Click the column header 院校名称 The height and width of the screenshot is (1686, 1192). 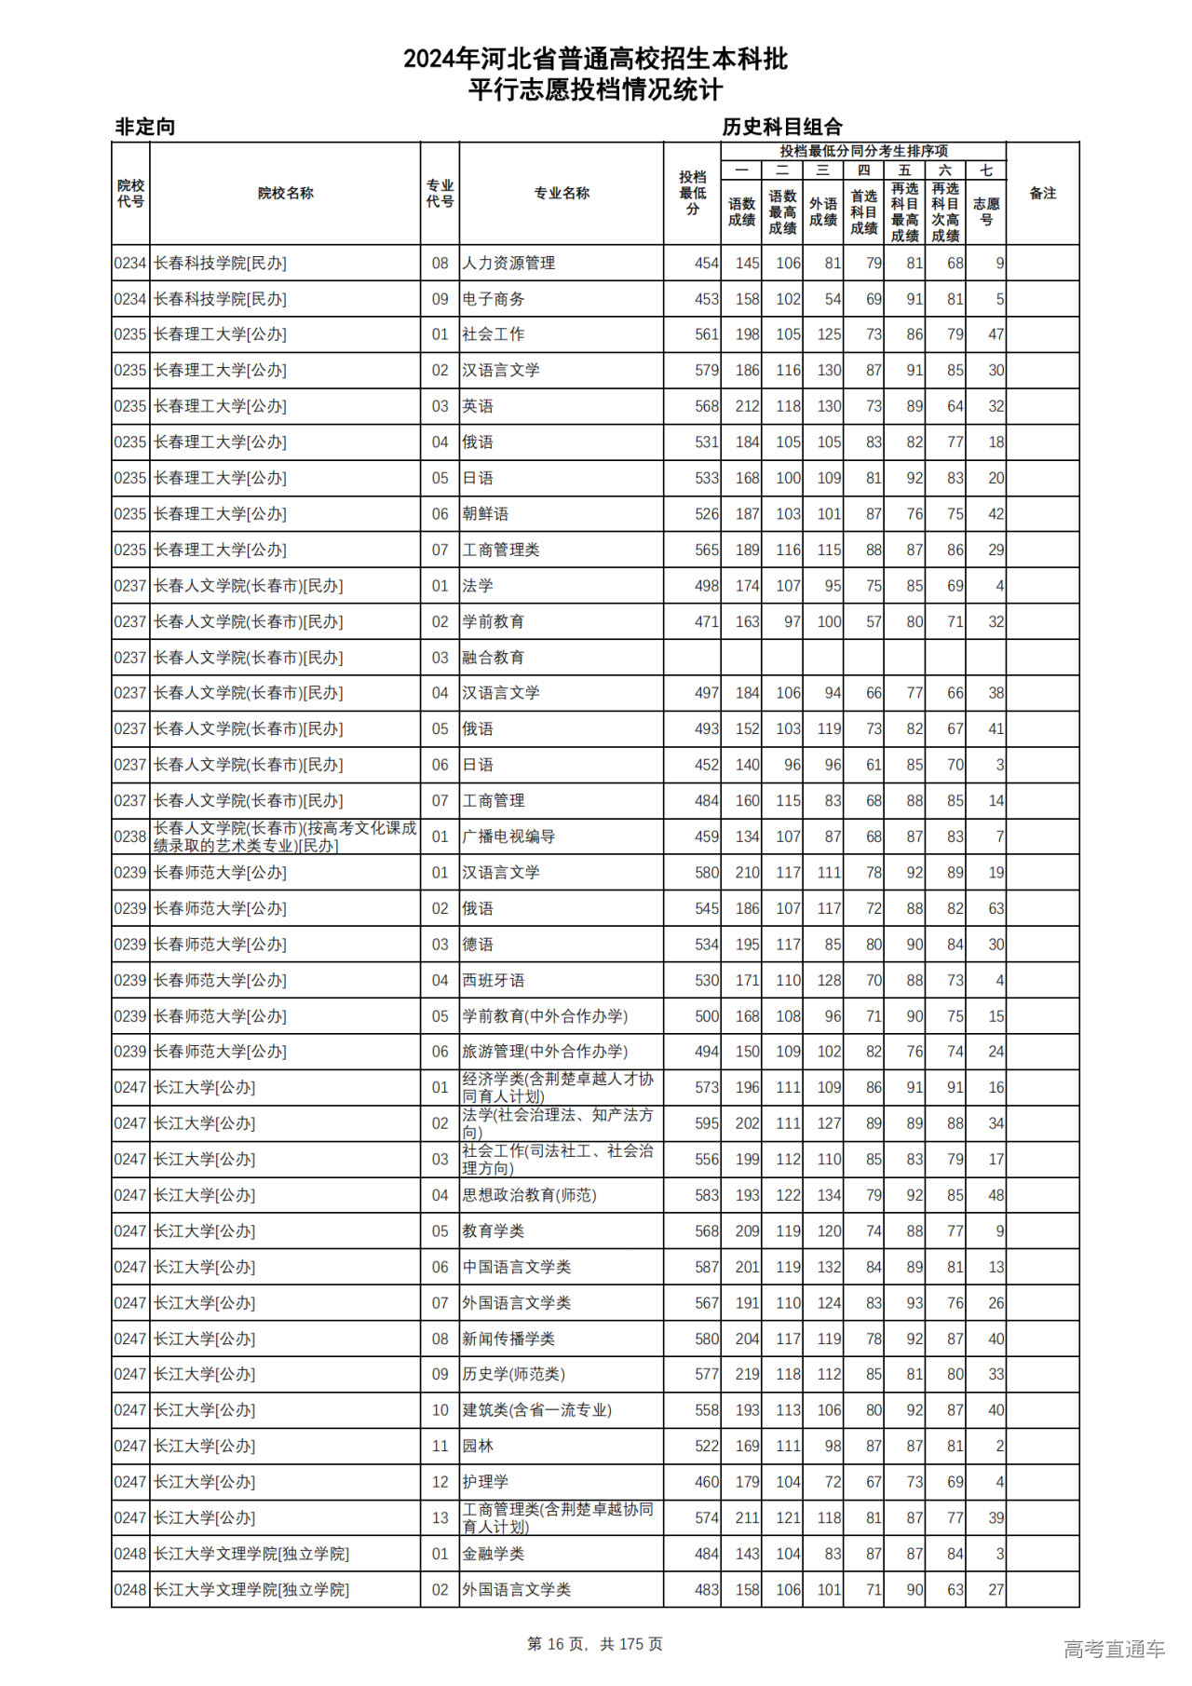pos(285,194)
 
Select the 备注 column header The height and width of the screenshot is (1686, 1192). pos(1042,194)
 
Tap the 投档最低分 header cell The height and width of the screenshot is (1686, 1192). pos(692,194)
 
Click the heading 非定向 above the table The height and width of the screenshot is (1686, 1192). pos(144,127)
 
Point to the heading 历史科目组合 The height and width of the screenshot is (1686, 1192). pos(782,127)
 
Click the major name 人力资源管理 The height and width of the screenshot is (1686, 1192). pos(508,264)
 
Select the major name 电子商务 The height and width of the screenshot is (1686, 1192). pos(494,299)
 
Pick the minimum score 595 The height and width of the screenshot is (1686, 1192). pos(707,1123)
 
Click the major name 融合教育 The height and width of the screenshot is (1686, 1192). pos(494,658)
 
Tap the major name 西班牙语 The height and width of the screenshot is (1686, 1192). pos(494,980)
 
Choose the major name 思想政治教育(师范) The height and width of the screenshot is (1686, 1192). pos(529,1195)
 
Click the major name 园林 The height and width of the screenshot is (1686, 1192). pos(478,1446)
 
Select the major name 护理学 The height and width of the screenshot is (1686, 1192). pos(485,1482)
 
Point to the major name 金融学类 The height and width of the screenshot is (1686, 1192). pos(494,1554)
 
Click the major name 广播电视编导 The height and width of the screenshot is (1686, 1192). pos(508,836)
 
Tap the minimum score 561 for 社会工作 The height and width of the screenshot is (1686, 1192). pos(707,334)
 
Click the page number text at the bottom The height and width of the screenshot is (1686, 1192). pos(595,1644)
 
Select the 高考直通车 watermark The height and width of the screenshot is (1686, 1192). pos(1114,1649)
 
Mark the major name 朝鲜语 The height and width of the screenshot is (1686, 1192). pos(485,514)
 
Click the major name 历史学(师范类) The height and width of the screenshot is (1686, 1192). pos(513,1374)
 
